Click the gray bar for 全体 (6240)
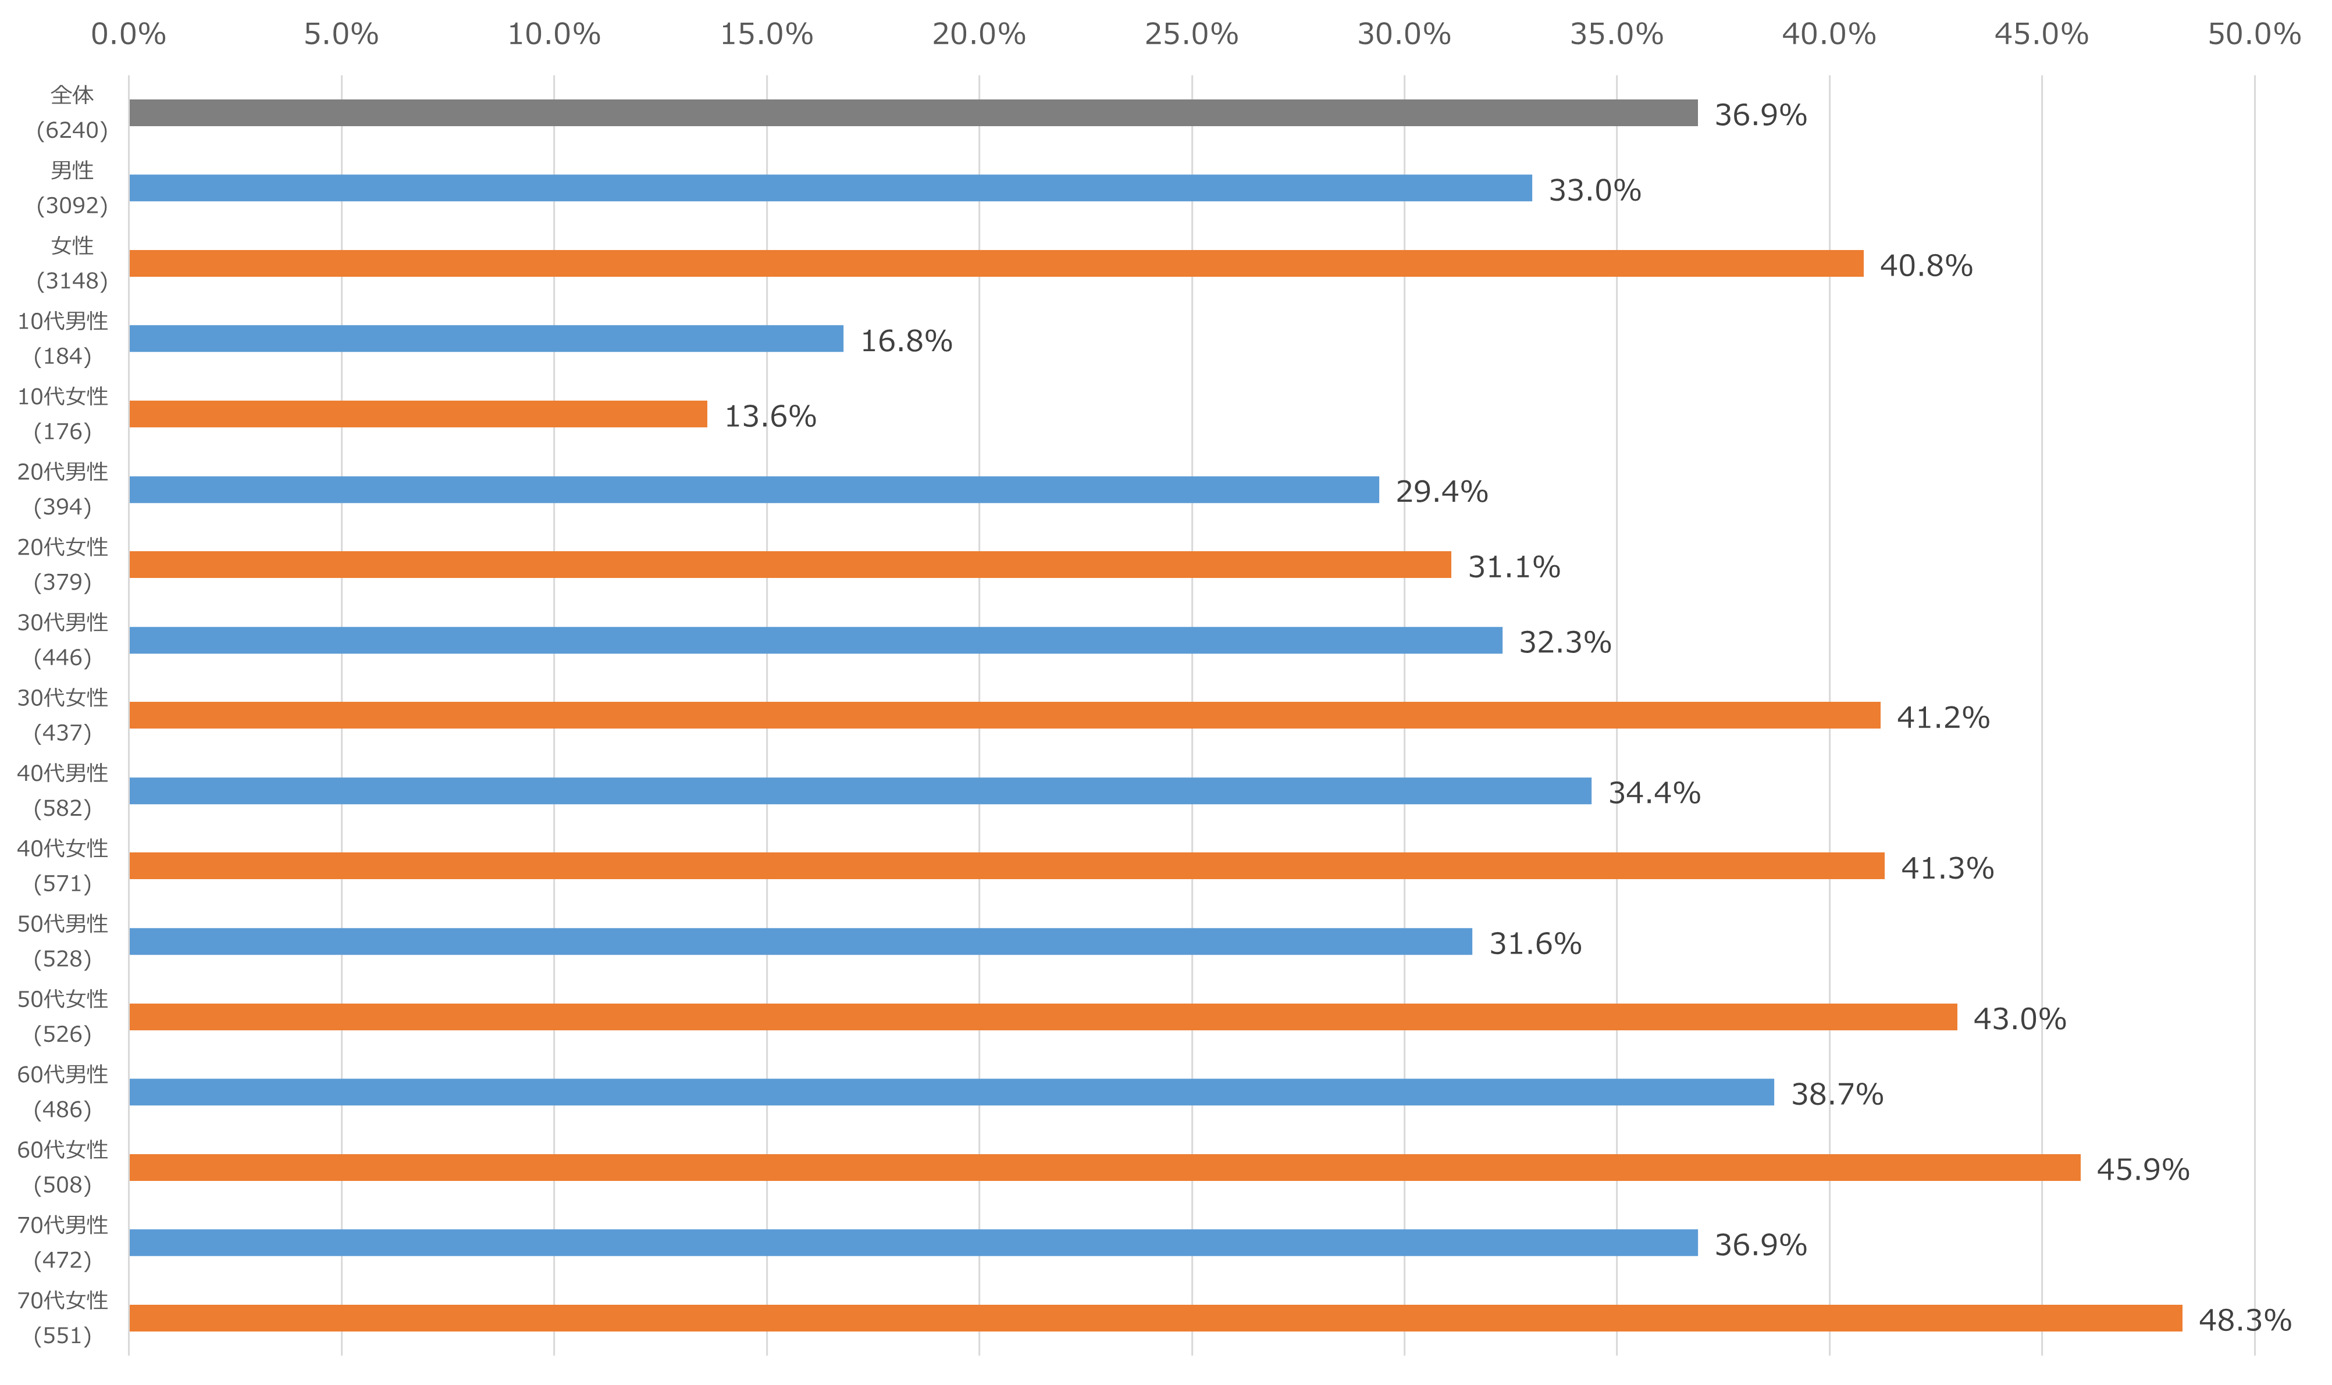[913, 113]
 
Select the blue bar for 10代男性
[486, 339]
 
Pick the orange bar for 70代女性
[1155, 1318]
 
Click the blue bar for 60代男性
[951, 1092]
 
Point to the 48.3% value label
[2244, 1320]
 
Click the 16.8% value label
[906, 341]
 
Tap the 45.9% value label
[2142, 1169]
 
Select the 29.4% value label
[1441, 491]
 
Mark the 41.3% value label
[1946, 868]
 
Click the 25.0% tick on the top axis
[1191, 34]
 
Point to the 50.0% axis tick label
[2253, 34]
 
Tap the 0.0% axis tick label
[129, 34]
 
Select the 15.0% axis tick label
[767, 34]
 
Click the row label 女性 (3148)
[72, 263]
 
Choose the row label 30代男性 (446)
[63, 640]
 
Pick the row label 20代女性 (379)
[63, 565]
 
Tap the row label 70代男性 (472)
[63, 1242]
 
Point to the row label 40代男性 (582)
[63, 791]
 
